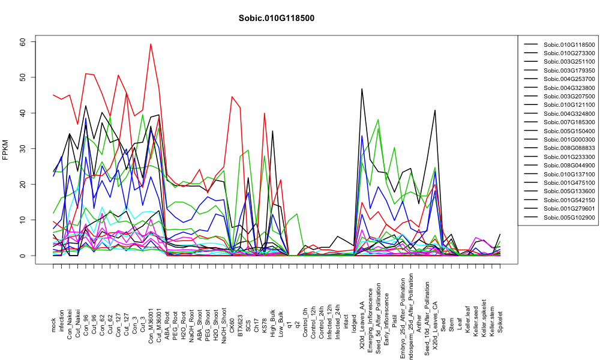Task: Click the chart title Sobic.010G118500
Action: [276, 18]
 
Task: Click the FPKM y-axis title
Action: [5, 149]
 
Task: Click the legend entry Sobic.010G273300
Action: [569, 53]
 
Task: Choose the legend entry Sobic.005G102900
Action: [569, 217]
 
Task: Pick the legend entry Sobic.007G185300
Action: [569, 122]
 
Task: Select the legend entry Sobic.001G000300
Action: [569, 140]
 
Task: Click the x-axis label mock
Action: [53, 325]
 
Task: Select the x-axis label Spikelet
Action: [500, 322]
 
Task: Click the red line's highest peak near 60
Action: [151, 44]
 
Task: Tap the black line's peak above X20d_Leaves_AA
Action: [362, 89]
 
